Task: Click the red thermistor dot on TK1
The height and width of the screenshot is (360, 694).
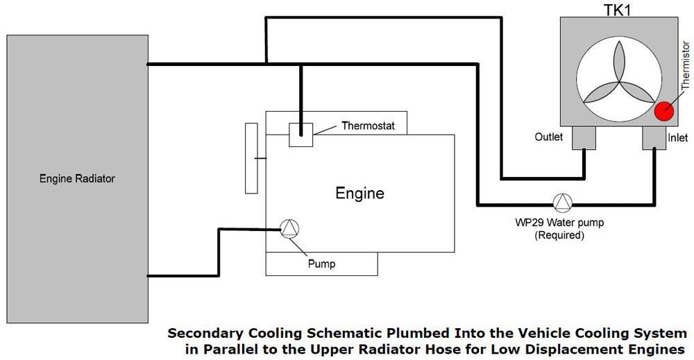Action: click(664, 111)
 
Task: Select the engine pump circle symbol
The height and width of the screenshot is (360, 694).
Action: click(289, 228)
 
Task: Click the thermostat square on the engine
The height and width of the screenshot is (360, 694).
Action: click(301, 134)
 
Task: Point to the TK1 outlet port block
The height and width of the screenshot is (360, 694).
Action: click(584, 138)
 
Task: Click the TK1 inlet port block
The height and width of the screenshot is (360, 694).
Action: click(654, 138)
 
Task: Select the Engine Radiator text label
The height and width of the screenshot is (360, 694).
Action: click(77, 179)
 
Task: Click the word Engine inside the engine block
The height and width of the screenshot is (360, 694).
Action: click(359, 193)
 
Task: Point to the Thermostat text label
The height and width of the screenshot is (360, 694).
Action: click(368, 126)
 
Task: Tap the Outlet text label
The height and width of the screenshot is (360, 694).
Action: click(549, 137)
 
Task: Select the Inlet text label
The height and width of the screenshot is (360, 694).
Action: click(677, 138)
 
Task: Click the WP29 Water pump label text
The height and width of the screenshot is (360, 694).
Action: click(559, 223)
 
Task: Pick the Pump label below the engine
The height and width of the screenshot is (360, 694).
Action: click(321, 264)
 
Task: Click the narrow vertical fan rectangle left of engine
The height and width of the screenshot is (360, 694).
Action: click(251, 158)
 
